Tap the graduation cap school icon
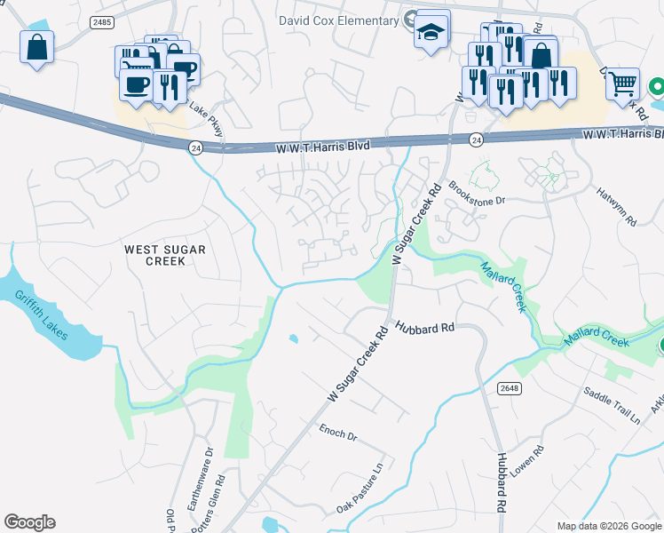click(431, 30)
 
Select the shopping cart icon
click(623, 84)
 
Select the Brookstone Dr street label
click(477, 195)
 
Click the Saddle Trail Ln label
click(612, 405)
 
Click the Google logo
click(29, 522)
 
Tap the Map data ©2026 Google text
click(608, 526)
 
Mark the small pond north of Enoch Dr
click(293, 338)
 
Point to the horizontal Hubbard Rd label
click(425, 328)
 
